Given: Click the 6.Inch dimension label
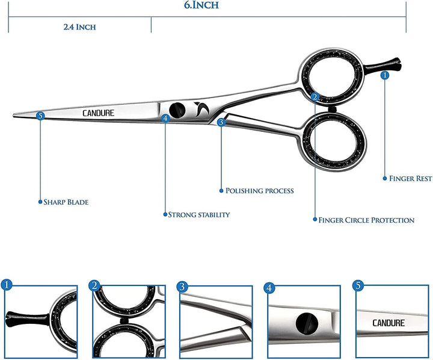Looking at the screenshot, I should tap(201, 6).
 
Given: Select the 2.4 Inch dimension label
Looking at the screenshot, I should tap(79, 27).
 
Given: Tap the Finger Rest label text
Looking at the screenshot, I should tap(410, 179).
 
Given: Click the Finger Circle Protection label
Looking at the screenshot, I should tap(366, 220).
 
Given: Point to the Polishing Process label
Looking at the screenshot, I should tap(259, 191).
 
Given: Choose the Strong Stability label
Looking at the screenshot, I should tap(198, 214).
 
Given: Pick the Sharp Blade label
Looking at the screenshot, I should tap(66, 202).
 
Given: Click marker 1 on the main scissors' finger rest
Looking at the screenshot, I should tap(385, 75).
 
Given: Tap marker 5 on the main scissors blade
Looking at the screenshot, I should tap(40, 115).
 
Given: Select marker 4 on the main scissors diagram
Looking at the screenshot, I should tap(165, 118).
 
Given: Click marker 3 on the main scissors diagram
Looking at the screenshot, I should tap(221, 122).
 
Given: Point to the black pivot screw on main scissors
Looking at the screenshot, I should tap(177, 110).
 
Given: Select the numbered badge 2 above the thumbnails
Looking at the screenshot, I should tap(94, 285).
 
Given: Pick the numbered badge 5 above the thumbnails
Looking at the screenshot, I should tap(359, 285).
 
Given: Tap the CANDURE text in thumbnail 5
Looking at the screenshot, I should tap(388, 323).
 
